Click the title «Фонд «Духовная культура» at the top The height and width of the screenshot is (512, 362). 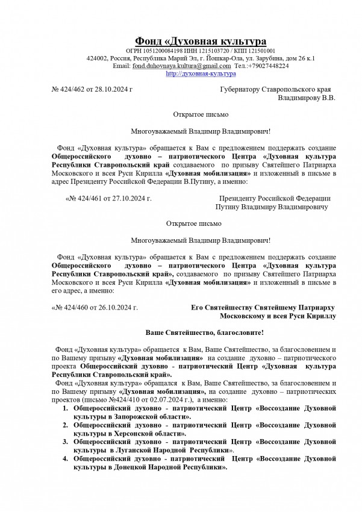(201, 41)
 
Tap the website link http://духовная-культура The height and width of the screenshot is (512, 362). (200, 73)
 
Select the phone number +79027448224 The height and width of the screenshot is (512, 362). (267, 66)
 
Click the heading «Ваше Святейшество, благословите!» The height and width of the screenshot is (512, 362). (205, 332)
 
